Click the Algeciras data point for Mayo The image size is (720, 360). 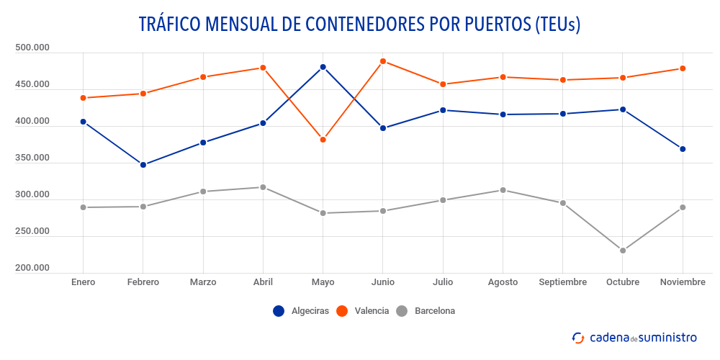[x=323, y=67]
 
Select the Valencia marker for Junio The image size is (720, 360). [x=383, y=61]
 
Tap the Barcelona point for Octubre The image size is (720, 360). [x=623, y=251]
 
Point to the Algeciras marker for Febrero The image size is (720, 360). [x=143, y=165]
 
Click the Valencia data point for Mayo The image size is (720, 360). [x=323, y=140]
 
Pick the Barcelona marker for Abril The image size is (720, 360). [x=263, y=187]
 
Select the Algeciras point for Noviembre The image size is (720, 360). [x=683, y=149]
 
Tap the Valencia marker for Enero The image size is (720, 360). [x=83, y=98]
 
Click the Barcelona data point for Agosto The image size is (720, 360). [x=503, y=190]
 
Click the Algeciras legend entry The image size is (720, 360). [x=301, y=311]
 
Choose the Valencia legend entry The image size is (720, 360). [x=363, y=311]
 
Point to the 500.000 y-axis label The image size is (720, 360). [x=32, y=48]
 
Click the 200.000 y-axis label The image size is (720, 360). [x=32, y=269]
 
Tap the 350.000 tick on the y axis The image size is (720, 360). [x=32, y=158]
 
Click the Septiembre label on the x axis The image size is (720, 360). [x=562, y=282]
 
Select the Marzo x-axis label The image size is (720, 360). [x=203, y=282]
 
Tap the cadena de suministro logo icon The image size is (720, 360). [x=578, y=337]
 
